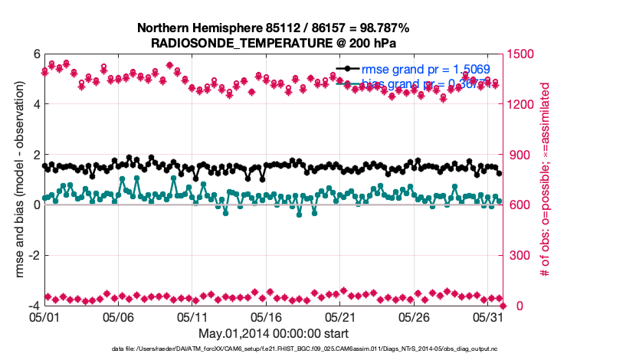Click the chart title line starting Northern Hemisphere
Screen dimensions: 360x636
273,28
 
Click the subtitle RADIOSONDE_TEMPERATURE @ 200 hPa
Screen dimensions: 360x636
273,43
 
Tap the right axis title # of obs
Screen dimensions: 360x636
546,180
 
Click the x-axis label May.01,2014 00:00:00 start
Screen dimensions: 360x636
273,333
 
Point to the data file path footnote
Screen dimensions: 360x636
273,349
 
